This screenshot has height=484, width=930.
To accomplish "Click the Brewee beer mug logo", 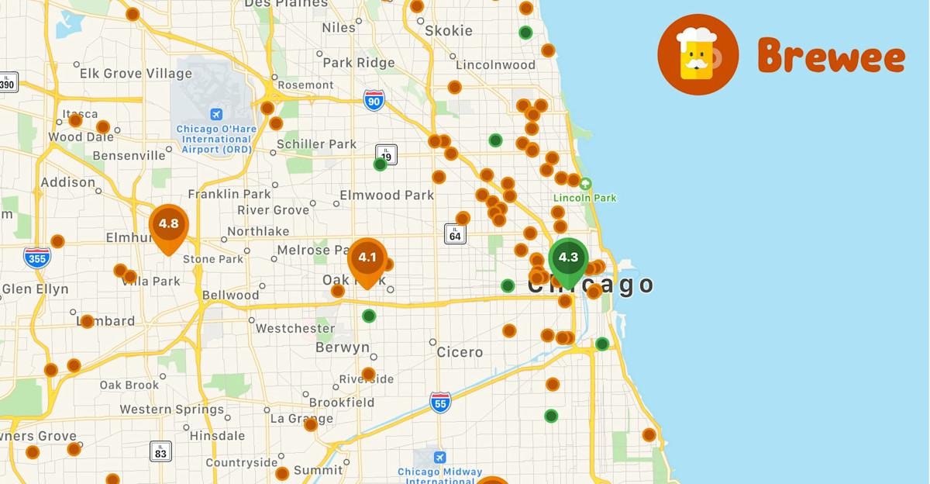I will [x=697, y=55].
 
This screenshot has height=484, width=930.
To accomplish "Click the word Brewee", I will [x=831, y=56].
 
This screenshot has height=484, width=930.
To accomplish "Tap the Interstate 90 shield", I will [x=374, y=99].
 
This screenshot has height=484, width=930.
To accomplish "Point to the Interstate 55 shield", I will [x=440, y=402].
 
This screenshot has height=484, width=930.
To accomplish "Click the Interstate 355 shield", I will [x=37, y=257].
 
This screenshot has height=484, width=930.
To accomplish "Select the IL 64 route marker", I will [x=455, y=233].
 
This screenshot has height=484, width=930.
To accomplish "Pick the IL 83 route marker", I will [x=160, y=451].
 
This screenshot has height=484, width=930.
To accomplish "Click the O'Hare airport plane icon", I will [x=215, y=113].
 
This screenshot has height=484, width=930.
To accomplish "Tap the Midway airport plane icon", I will [x=440, y=457].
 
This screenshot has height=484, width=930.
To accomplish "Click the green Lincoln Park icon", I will [x=585, y=184].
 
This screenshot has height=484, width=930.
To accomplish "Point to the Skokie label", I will [x=449, y=31].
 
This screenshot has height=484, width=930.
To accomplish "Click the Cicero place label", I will [x=460, y=352].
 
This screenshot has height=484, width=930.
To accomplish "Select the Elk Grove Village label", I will [x=136, y=74].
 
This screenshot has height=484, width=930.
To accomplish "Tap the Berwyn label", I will [x=343, y=347].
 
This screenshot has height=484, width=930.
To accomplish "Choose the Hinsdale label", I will [x=216, y=436].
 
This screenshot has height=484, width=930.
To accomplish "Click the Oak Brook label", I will [x=129, y=385].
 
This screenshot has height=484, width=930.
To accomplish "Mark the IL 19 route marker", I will [x=386, y=154].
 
